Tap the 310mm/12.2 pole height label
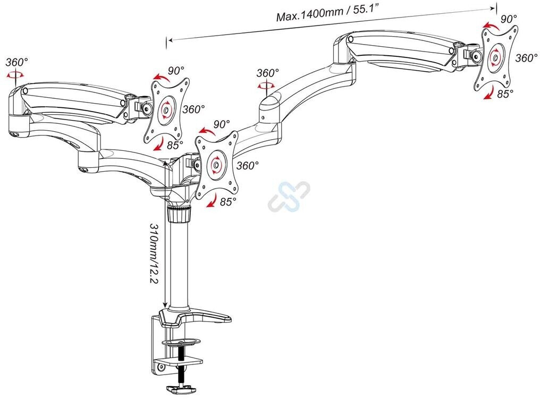click(154, 253)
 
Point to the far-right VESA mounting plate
click(496, 58)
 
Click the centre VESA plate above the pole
click(217, 165)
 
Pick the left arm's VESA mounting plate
click(166, 110)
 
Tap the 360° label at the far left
click(16, 62)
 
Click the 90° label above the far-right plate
click(509, 19)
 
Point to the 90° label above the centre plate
click(222, 124)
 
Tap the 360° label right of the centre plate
click(247, 166)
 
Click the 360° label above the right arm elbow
click(267, 73)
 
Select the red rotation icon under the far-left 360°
click(15, 75)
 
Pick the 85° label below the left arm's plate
click(175, 145)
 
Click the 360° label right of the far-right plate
click(526, 58)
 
